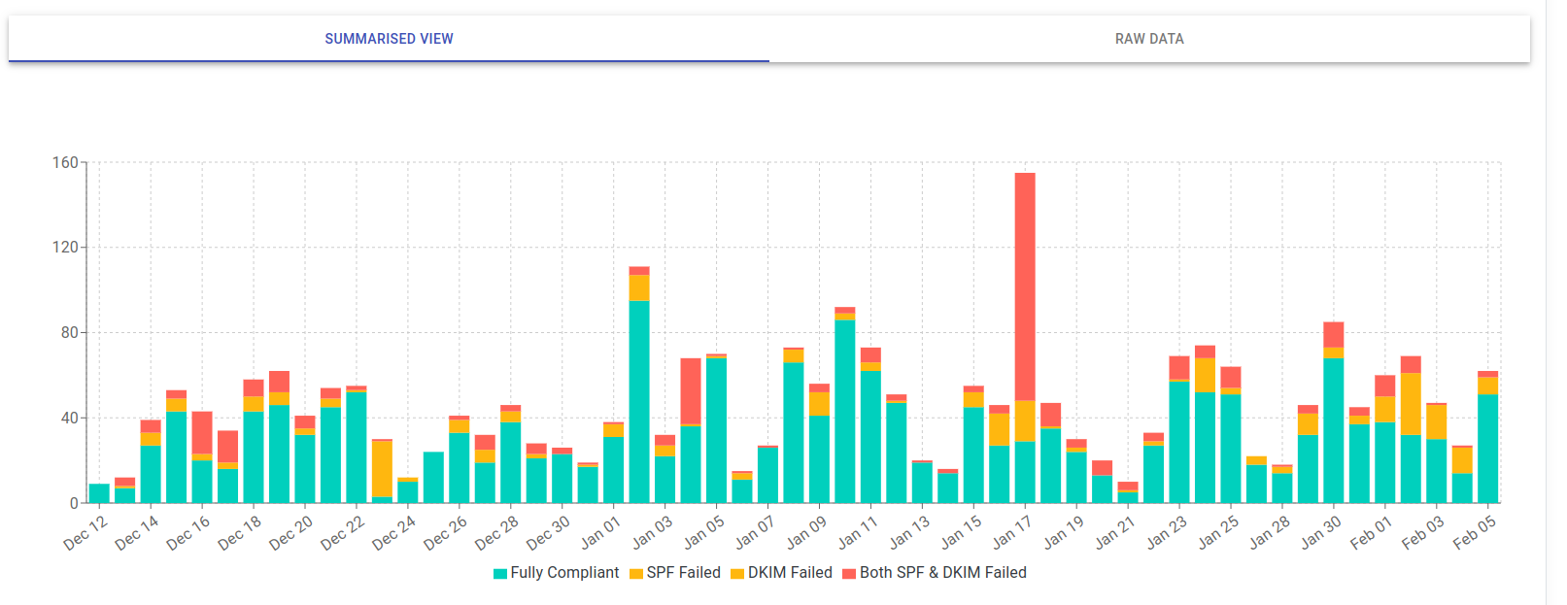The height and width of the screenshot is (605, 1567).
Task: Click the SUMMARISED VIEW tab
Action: coord(389,39)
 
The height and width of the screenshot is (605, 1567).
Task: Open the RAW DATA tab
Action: coord(1149,39)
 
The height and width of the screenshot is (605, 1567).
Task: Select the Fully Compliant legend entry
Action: coord(556,573)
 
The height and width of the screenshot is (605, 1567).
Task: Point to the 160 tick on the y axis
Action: coord(65,163)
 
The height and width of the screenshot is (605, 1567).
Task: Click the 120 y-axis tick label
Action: coord(65,248)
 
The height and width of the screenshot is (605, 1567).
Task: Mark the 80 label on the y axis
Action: coord(69,333)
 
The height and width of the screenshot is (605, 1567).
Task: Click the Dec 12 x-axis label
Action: coord(85,533)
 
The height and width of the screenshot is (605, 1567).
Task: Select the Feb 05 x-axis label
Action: coord(1475,533)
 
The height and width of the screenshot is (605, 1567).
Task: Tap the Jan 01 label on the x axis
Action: coord(600,533)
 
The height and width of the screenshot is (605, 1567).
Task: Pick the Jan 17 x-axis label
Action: coord(1012,533)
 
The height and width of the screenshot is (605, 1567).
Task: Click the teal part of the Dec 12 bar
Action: coord(99,493)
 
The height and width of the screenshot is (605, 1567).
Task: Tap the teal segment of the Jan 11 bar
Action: coord(870,437)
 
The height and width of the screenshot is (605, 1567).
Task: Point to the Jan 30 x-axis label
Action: coord(1321,533)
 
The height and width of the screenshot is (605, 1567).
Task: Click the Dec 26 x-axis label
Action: coord(446,533)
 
